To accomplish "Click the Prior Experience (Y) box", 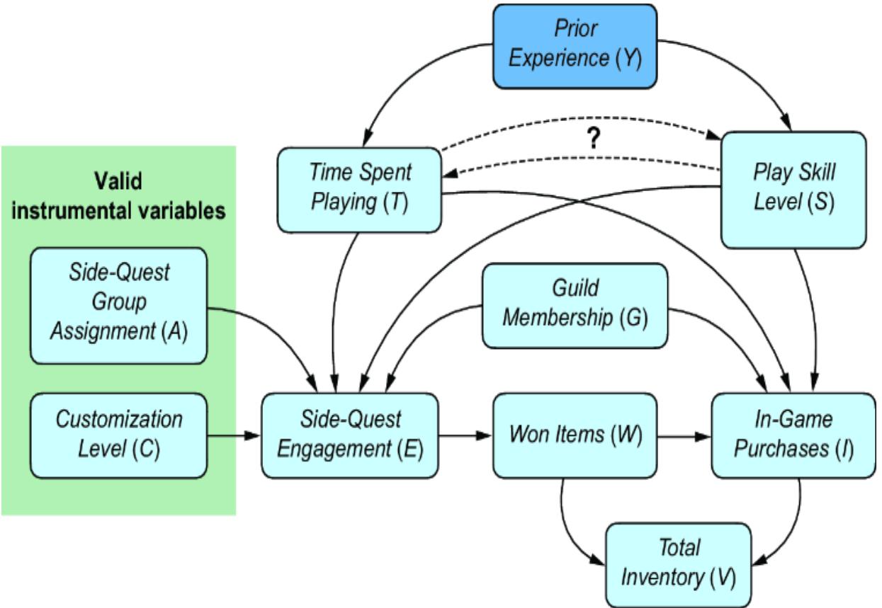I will click(x=575, y=45).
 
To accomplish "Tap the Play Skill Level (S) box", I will click(x=793, y=189).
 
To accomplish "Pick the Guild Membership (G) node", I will click(x=575, y=305).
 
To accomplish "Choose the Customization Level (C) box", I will click(x=118, y=435).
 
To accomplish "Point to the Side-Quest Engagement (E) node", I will click(x=350, y=435).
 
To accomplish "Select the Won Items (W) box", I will click(x=575, y=435).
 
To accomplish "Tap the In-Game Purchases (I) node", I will click(x=793, y=435).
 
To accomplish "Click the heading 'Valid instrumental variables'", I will click(x=118, y=196).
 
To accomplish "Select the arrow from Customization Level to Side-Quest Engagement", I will click(x=234, y=435).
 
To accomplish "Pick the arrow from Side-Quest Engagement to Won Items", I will click(x=465, y=435).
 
